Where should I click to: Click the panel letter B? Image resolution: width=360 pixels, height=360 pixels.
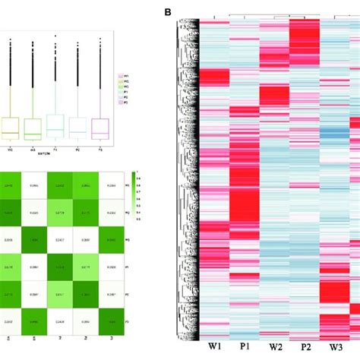click(168, 13)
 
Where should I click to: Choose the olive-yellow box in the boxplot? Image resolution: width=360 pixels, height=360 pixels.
click(9, 128)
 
